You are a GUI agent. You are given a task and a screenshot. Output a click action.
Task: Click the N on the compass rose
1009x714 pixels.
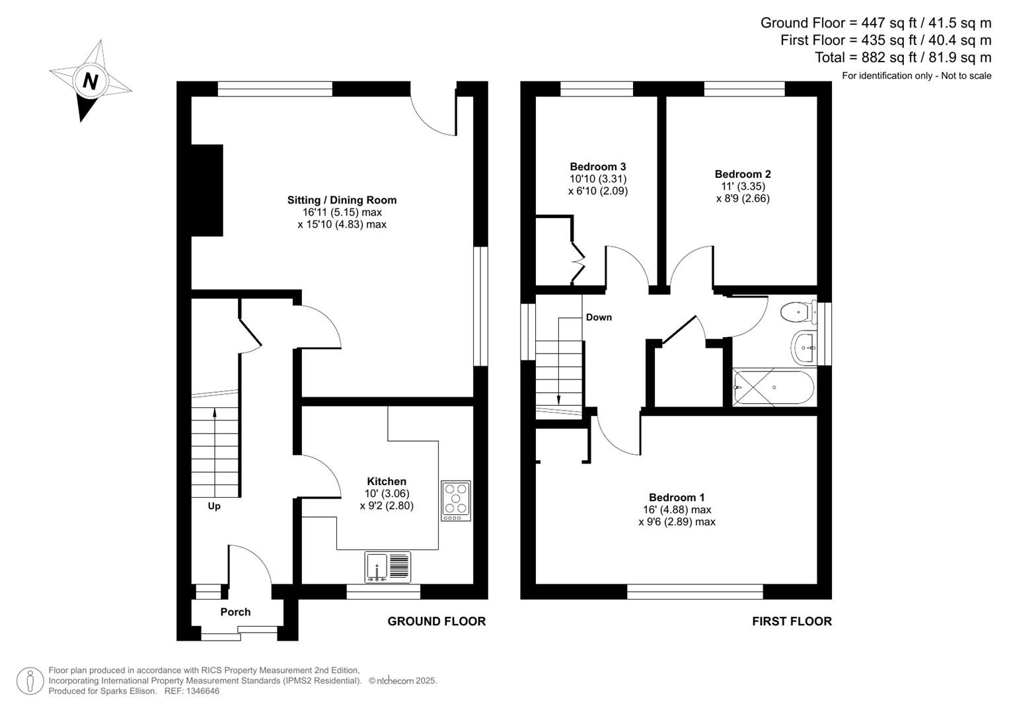(x=91, y=81)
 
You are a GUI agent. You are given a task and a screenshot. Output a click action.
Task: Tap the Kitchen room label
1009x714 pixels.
(x=387, y=481)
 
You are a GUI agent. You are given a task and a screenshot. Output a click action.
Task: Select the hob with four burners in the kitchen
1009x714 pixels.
(x=456, y=500)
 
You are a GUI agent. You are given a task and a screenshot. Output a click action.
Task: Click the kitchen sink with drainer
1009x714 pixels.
(x=388, y=567)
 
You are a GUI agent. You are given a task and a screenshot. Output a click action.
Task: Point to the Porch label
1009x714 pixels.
(x=235, y=612)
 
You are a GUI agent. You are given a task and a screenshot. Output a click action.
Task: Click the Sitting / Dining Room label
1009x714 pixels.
(x=342, y=200)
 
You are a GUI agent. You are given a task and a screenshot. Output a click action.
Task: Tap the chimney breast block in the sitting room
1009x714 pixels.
(x=207, y=190)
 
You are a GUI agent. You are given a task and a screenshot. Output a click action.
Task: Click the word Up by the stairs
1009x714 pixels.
(x=214, y=506)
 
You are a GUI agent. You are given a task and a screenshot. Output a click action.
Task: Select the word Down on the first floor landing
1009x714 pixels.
(x=599, y=317)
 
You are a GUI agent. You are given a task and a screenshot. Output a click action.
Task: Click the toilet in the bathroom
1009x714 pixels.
(x=798, y=311)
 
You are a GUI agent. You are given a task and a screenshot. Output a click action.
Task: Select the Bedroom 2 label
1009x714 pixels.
(x=743, y=175)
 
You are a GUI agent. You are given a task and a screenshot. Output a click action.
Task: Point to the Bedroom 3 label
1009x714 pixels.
(x=597, y=167)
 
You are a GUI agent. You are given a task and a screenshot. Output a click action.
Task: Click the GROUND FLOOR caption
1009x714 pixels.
(x=436, y=621)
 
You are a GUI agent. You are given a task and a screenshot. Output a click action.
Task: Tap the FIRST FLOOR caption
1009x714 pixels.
(x=792, y=621)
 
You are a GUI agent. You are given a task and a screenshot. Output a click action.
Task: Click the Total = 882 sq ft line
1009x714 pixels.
(x=903, y=58)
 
